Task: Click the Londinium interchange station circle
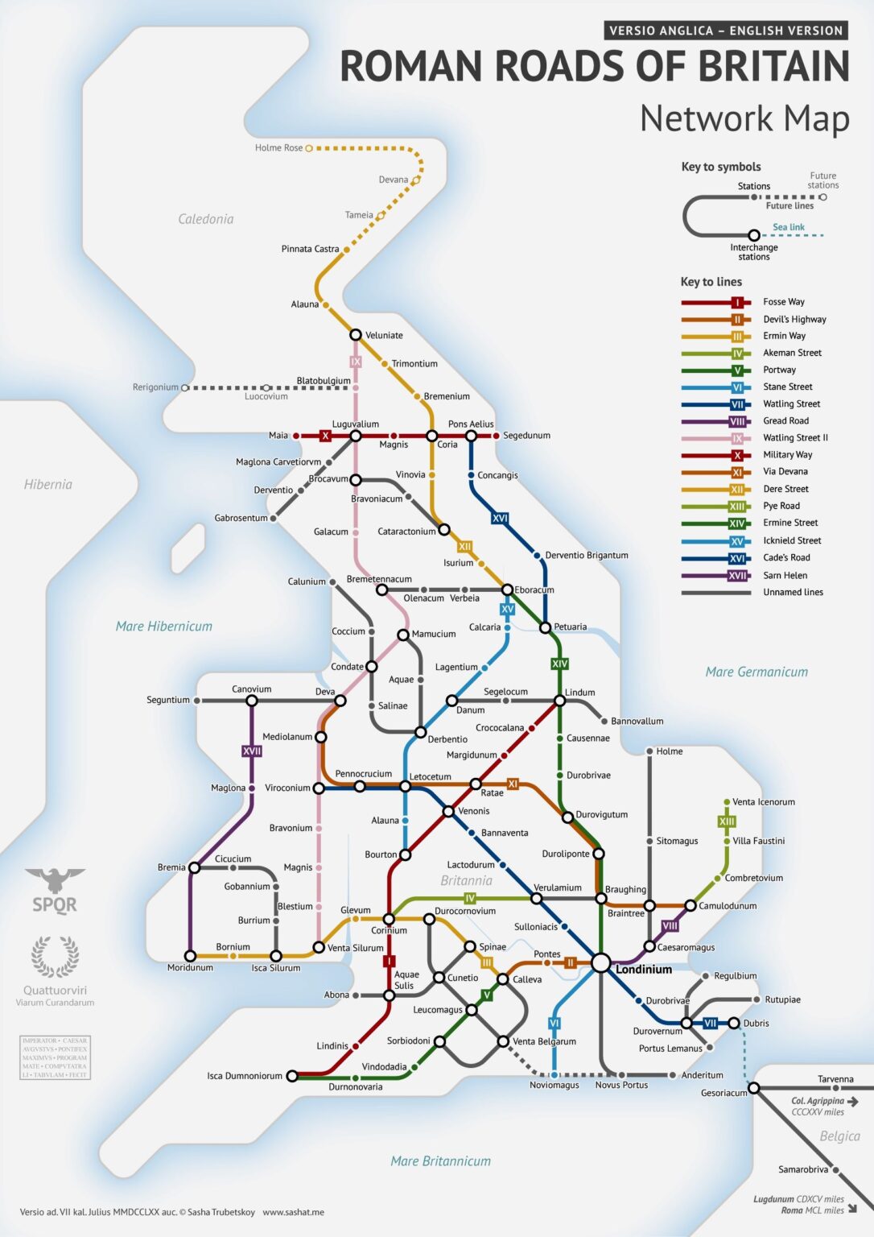click(601, 962)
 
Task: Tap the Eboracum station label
click(534, 590)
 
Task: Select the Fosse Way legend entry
click(783, 302)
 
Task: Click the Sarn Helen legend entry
click(785, 575)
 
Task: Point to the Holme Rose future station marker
click(308, 148)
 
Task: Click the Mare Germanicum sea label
click(757, 672)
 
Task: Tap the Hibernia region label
click(48, 484)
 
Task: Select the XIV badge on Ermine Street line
click(559, 664)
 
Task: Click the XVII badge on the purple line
click(252, 751)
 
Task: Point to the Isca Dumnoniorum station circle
click(292, 1075)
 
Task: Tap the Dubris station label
click(756, 1024)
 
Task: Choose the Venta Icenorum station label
click(763, 802)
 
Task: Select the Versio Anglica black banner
click(725, 31)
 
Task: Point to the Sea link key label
click(788, 227)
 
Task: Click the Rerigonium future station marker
click(184, 387)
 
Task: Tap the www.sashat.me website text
click(293, 1212)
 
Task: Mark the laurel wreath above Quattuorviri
click(55, 956)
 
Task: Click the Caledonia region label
click(206, 219)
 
